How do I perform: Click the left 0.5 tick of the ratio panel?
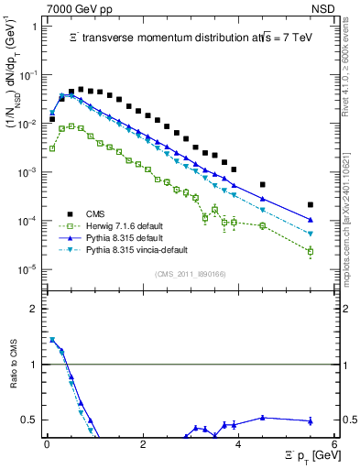click(x=33, y=420)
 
